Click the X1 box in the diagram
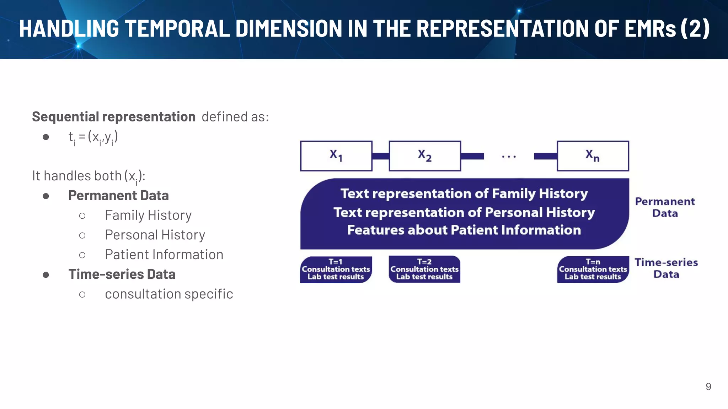tap(336, 156)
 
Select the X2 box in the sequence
tap(425, 156)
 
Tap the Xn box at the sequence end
tap(593, 156)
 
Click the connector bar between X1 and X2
tap(380, 156)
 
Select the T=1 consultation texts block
tap(336, 269)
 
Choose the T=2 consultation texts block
tap(424, 269)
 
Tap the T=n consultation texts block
tap(593, 269)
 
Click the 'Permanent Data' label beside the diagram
tap(665, 207)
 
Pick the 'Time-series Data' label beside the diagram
tap(666, 268)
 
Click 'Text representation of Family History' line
tap(464, 194)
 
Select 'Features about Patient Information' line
tap(464, 230)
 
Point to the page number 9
tap(708, 387)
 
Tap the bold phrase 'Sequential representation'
tap(114, 117)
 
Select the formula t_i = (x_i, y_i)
tap(93, 137)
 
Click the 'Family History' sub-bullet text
tap(148, 215)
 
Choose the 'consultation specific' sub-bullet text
tap(169, 294)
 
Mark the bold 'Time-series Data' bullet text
tap(122, 274)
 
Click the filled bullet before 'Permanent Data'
tap(46, 196)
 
